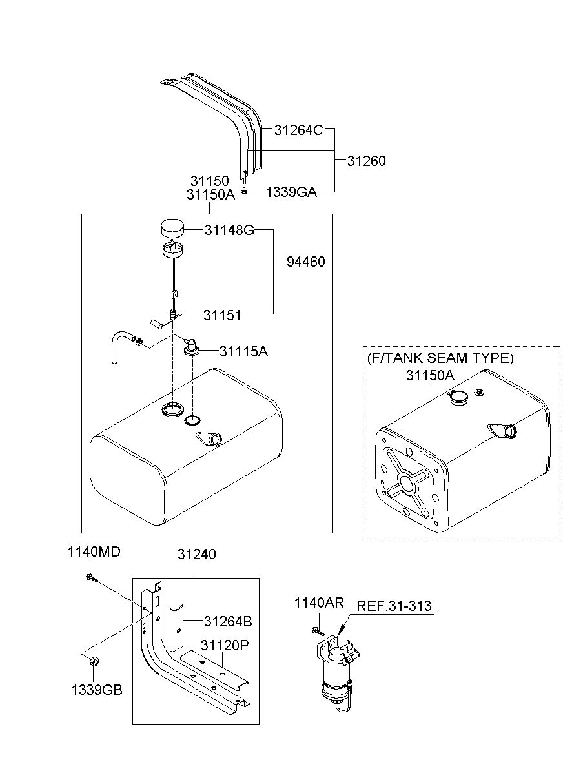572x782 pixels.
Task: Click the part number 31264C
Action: click(298, 130)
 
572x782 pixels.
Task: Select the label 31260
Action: click(367, 161)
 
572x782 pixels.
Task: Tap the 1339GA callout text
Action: click(291, 192)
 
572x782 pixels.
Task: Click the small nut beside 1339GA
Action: click(245, 192)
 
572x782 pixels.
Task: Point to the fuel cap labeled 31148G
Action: click(172, 227)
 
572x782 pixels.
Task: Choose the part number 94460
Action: click(306, 262)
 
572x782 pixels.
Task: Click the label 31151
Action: click(222, 315)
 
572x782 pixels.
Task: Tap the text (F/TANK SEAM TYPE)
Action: click(440, 358)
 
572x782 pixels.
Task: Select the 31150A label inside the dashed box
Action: click(430, 375)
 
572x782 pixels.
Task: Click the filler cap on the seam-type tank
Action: click(458, 397)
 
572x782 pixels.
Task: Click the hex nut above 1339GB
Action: click(94, 661)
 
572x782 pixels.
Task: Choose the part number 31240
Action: click(196, 554)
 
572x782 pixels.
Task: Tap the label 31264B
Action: click(228, 621)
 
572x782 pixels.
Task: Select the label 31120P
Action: click(225, 645)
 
